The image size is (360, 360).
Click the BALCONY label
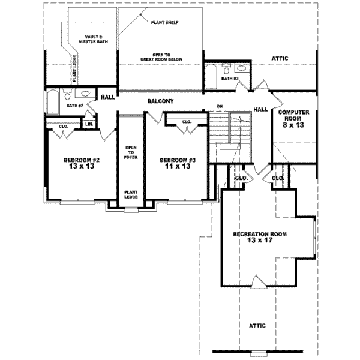pos(161,101)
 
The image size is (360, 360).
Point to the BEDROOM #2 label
pos(81,160)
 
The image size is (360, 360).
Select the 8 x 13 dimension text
pos(293,126)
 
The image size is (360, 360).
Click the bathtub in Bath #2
pos(52,102)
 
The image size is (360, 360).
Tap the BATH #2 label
pos(74,106)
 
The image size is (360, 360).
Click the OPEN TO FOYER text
pos(131,152)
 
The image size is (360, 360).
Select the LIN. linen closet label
pos(89,124)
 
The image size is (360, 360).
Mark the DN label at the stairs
pos(220,107)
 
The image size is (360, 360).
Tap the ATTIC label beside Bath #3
pos(280,58)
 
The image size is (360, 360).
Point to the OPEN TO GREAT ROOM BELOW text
pos(159,56)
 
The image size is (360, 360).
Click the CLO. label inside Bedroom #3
pos(186,122)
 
